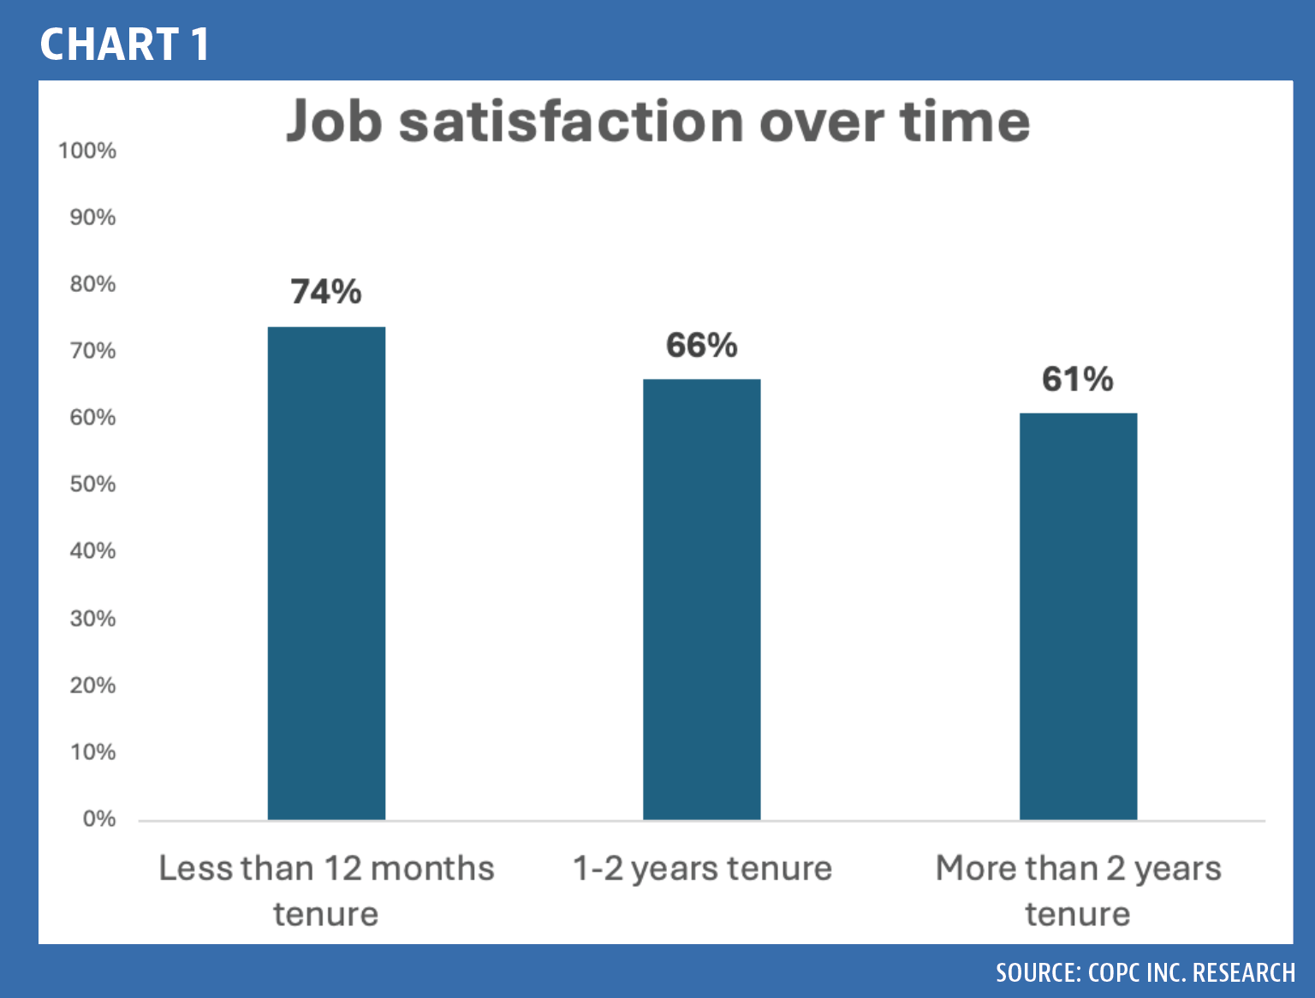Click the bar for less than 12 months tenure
326,573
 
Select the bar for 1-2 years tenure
701,599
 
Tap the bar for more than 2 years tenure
1079,616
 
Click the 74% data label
326,292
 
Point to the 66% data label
701,345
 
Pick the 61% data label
1078,379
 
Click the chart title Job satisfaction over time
657,122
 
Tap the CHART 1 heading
125,45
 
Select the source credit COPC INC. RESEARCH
1145,972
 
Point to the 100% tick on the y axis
86,151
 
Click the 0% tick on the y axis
99,818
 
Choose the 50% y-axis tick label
92,484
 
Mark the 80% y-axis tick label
92,284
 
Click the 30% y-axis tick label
92,618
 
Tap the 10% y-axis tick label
92,752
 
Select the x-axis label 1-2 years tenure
702,869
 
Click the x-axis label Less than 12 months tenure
326,891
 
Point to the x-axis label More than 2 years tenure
1079,891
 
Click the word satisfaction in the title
572,122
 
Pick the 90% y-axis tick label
92,217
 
